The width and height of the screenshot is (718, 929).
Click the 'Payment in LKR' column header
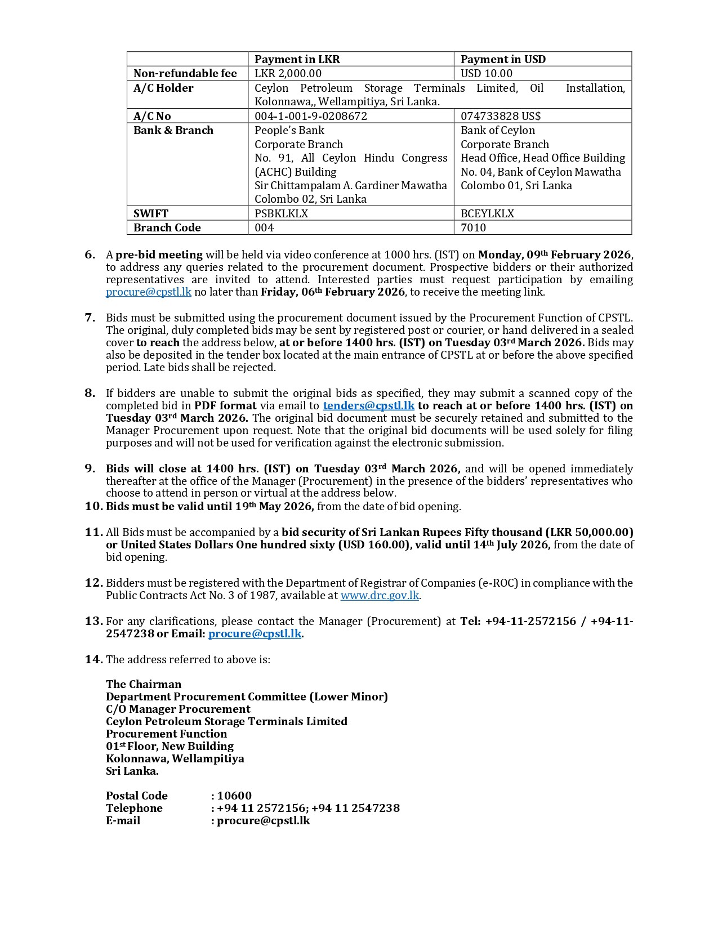pyautogui.click(x=297, y=59)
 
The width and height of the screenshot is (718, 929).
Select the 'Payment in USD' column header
pyautogui.click(x=503, y=59)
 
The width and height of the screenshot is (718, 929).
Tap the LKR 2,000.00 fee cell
pyautogui.click(x=288, y=73)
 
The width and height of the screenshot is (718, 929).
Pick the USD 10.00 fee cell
pyautogui.click(x=487, y=73)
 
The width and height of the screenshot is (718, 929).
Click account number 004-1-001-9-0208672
pyautogui.click(x=310, y=116)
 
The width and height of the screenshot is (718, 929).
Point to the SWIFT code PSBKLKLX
pyautogui.click(x=281, y=213)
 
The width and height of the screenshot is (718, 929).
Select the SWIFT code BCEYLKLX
pyautogui.click(x=487, y=213)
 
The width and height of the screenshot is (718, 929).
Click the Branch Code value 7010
pyautogui.click(x=473, y=227)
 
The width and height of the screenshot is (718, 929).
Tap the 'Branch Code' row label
pyautogui.click(x=167, y=227)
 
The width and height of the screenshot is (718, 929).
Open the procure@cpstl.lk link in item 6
pyautogui.click(x=149, y=292)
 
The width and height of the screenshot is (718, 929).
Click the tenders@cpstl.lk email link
pyautogui.click(x=368, y=405)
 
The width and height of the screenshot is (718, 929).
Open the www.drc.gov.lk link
pyautogui.click(x=380, y=595)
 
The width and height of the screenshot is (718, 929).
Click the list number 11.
pyautogui.click(x=93, y=532)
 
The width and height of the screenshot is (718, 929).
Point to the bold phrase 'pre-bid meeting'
pyautogui.click(x=159, y=254)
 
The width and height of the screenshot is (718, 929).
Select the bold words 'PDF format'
pyautogui.click(x=225, y=405)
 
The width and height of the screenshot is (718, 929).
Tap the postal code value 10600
pyautogui.click(x=234, y=796)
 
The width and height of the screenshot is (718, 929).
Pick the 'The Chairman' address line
pyautogui.click(x=144, y=684)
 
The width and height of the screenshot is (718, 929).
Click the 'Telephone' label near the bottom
pyautogui.click(x=134, y=808)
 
